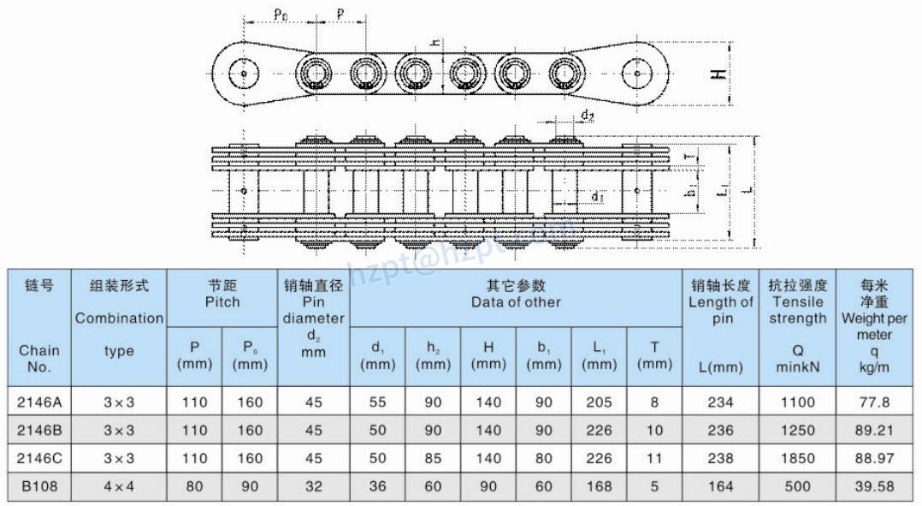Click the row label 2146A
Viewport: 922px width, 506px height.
tap(39, 402)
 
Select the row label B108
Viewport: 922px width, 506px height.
tap(39, 486)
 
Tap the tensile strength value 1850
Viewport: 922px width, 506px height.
tap(797, 458)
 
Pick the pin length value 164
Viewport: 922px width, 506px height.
tap(720, 486)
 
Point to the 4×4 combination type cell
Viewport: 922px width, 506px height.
tap(119, 486)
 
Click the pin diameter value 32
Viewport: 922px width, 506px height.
tap(313, 486)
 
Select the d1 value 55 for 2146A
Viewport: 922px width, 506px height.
tap(377, 402)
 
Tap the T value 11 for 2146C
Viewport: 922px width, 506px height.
tap(654, 458)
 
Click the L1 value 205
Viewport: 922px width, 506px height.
tap(599, 402)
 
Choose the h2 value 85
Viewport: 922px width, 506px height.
tap(433, 458)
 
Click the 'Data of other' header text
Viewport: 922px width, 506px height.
tap(516, 302)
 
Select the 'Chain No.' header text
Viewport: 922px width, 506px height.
tap(39, 359)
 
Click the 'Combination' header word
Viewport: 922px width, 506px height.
tap(119, 318)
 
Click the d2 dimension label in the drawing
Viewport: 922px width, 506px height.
tap(587, 115)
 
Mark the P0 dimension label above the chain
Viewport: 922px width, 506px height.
tap(281, 13)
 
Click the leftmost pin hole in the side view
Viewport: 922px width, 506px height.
tap(245, 74)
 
